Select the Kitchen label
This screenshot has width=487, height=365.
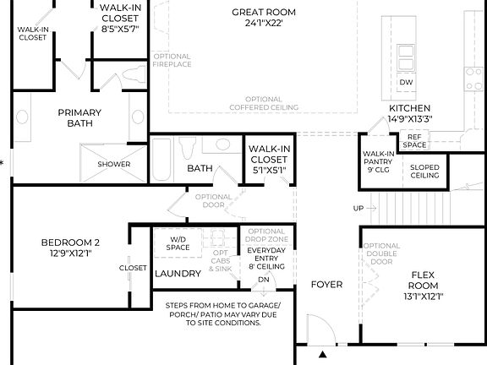pos(410,108)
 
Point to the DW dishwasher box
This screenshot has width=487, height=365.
pos(406,82)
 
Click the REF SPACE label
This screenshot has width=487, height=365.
pos(414,140)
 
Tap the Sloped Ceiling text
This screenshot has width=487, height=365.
pos(424,171)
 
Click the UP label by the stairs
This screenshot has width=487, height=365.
pos(358,208)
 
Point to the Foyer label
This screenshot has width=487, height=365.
pos(326,285)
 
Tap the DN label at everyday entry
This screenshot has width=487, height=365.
pos(263,279)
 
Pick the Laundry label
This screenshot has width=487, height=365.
pos(178,274)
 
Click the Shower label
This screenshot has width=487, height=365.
pos(114,164)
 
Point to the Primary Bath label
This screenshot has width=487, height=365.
pos(79,117)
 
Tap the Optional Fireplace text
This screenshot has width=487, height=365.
pos(172,60)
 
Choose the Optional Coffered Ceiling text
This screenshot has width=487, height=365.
pos(264,103)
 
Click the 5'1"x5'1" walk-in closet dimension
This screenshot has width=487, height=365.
pos(270,170)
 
